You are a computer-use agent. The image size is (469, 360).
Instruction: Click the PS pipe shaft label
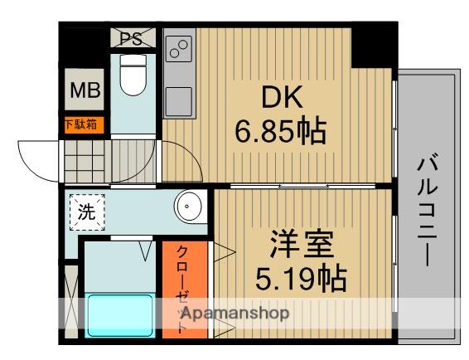[x=132, y=38]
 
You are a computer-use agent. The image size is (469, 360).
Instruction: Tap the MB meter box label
[x=84, y=91]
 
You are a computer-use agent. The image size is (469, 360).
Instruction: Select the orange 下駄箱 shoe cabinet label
[x=84, y=124]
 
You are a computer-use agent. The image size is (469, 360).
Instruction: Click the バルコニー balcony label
[x=428, y=207]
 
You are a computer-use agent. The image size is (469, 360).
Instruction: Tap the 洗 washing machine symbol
[x=86, y=211]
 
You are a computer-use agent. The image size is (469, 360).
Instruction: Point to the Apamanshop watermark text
[x=234, y=314]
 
